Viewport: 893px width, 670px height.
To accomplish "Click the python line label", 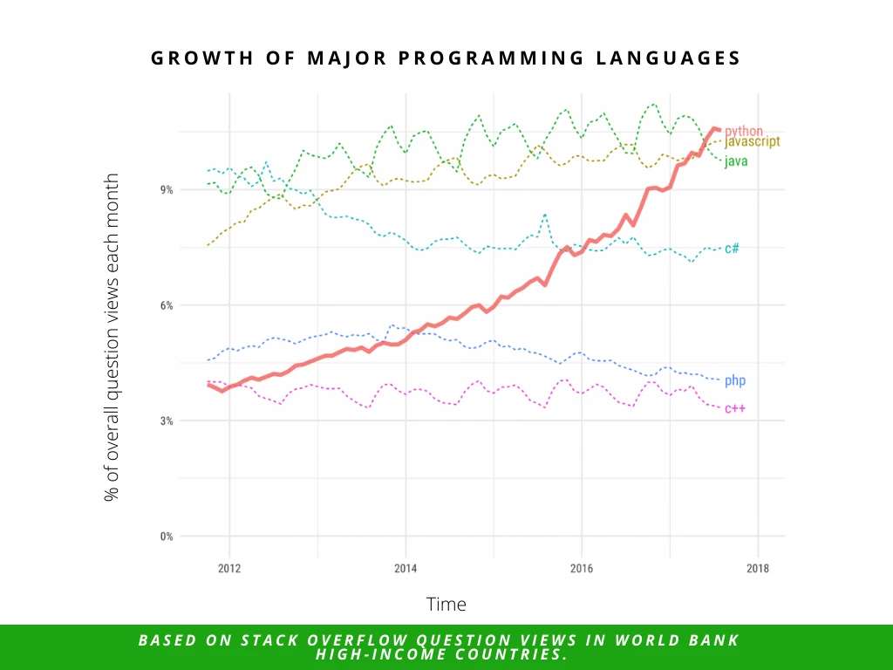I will [x=743, y=131].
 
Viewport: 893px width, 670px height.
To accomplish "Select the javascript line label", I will [x=752, y=141].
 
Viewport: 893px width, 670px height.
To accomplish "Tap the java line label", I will [x=735, y=161].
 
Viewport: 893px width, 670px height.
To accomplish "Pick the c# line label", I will [x=732, y=249].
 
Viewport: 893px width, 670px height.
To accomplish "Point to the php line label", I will [x=734, y=380].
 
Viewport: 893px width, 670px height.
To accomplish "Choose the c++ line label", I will [x=734, y=408].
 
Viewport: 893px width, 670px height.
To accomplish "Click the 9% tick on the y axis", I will [x=165, y=189].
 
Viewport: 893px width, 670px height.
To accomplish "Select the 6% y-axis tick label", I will [x=165, y=305].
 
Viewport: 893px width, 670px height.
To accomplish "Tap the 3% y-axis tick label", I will [x=165, y=420].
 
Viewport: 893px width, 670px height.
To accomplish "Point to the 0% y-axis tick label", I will [x=165, y=536].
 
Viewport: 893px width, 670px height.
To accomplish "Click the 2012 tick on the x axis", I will [x=229, y=569].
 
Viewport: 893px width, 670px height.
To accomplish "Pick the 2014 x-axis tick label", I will [x=406, y=569].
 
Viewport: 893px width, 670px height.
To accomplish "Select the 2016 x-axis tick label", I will [x=582, y=569].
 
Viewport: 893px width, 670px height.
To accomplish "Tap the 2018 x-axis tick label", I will [x=757, y=569].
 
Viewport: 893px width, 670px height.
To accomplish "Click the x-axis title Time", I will [x=446, y=604].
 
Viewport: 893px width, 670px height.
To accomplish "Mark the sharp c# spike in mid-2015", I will [x=545, y=215].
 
